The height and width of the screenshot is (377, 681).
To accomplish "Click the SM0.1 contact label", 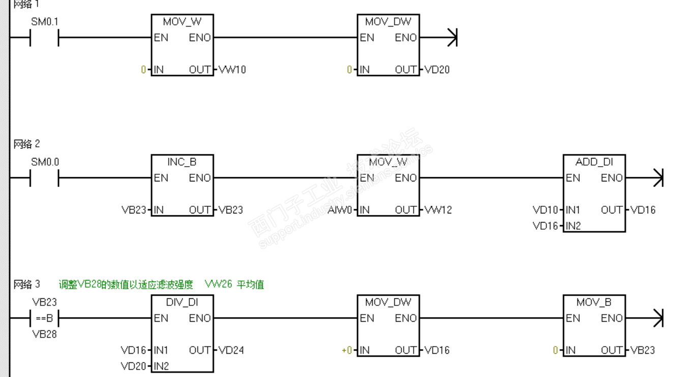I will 45,22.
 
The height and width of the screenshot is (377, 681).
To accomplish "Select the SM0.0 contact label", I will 45,162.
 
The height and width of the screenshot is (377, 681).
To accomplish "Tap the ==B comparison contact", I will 44,319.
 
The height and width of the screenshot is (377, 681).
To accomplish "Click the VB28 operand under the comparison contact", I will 44,334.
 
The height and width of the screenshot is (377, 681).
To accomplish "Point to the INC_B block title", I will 182,162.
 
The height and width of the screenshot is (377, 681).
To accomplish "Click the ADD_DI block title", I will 594,162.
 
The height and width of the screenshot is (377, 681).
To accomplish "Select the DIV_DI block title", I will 182,302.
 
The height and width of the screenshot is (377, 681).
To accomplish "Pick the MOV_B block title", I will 594,302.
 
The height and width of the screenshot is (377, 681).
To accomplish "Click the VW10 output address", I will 232,70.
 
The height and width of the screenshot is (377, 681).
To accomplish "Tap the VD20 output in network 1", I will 437,70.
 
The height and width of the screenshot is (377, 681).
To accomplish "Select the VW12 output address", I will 438,210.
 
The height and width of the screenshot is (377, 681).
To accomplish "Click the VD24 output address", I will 231,350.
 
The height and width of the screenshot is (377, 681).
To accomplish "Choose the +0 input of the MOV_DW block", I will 347,350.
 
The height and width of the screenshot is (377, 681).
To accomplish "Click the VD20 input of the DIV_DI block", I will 134,366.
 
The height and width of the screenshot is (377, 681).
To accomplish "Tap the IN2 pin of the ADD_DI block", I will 573,226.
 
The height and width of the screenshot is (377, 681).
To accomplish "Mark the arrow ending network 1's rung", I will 452,38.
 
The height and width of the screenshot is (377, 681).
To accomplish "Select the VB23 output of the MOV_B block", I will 643,350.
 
